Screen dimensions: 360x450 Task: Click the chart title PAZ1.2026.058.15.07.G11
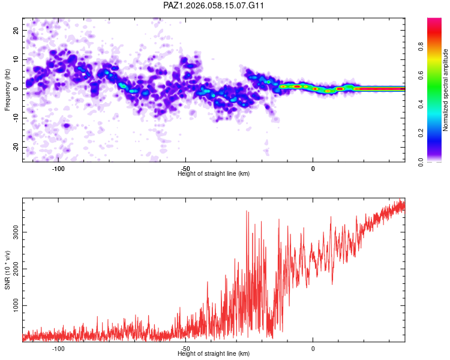point(214,5)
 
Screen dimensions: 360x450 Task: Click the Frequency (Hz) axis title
point(7,90)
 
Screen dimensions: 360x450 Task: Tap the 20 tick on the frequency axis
point(16,30)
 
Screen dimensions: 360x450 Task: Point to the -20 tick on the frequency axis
point(16,147)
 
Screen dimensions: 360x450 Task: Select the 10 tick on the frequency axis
point(16,59)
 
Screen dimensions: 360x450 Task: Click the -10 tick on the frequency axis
point(16,118)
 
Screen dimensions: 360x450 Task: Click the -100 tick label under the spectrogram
point(58,169)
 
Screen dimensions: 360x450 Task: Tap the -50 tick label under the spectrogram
point(185,169)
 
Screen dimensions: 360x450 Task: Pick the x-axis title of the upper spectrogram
point(214,174)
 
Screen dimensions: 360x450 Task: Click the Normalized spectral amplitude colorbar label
point(446,90)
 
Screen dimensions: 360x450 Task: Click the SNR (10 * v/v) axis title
point(7,270)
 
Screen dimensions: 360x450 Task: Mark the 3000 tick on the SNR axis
point(16,232)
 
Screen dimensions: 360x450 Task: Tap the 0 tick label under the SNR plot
point(313,349)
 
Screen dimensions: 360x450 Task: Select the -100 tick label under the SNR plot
point(58,349)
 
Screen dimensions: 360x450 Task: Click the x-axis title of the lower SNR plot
point(214,354)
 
